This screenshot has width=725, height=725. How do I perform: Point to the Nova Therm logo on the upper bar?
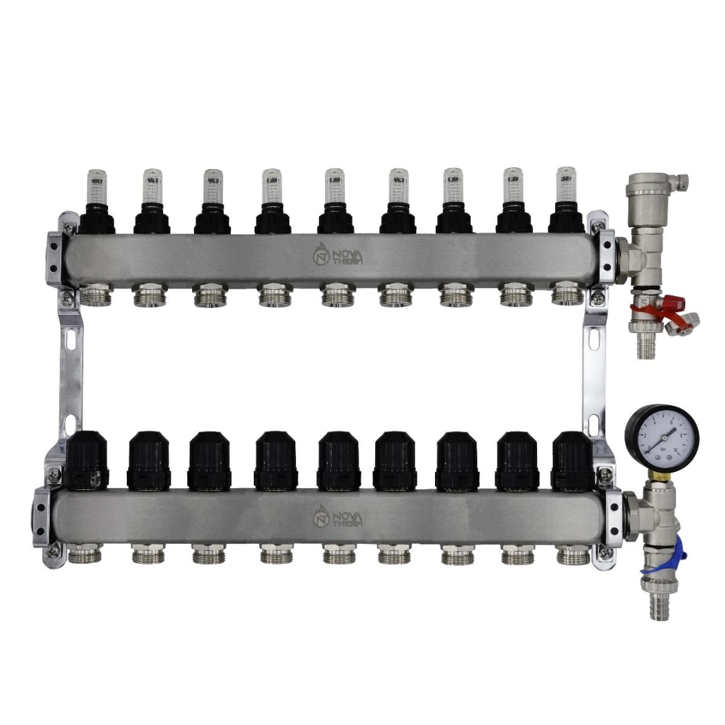tap(340, 255)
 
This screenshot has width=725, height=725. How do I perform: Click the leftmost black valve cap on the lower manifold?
tap(87, 460)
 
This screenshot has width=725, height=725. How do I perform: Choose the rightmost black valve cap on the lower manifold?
tap(571, 460)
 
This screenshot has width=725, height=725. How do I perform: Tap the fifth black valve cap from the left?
tap(339, 460)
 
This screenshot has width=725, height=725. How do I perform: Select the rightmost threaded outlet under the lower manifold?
tap(573, 554)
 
